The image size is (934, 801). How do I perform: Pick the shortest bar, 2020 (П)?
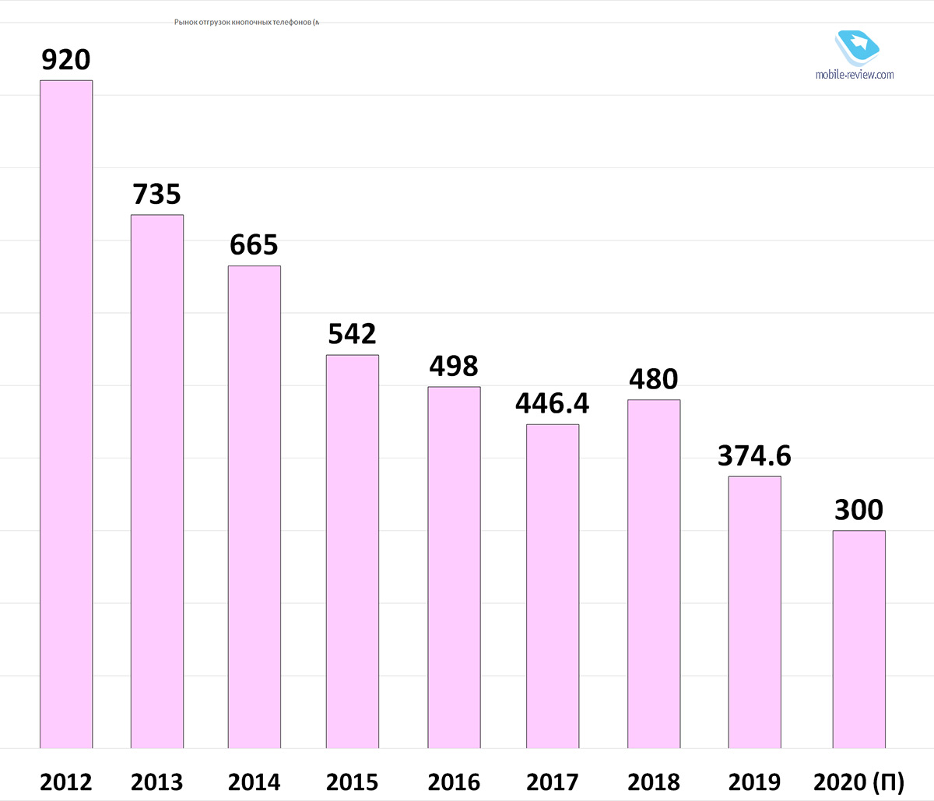tap(859, 639)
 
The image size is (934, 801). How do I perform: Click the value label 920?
tap(66, 60)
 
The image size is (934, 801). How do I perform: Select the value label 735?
tap(157, 195)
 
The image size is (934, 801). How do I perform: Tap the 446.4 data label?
tap(553, 403)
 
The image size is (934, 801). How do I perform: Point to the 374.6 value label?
tap(754, 455)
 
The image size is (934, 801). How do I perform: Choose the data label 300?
tap(859, 510)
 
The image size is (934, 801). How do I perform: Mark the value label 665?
tap(255, 245)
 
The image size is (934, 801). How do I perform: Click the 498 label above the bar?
tap(454, 366)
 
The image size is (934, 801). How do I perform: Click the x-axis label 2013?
tap(157, 782)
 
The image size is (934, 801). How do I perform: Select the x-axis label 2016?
tap(454, 782)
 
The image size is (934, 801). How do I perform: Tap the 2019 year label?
tap(754, 782)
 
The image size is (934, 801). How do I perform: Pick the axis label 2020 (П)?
tap(859, 782)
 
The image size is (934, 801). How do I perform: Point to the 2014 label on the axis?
tap(255, 782)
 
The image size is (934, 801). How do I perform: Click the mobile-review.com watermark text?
tap(855, 75)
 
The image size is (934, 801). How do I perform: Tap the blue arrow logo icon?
tap(858, 46)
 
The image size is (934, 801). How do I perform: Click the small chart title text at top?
tap(247, 22)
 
